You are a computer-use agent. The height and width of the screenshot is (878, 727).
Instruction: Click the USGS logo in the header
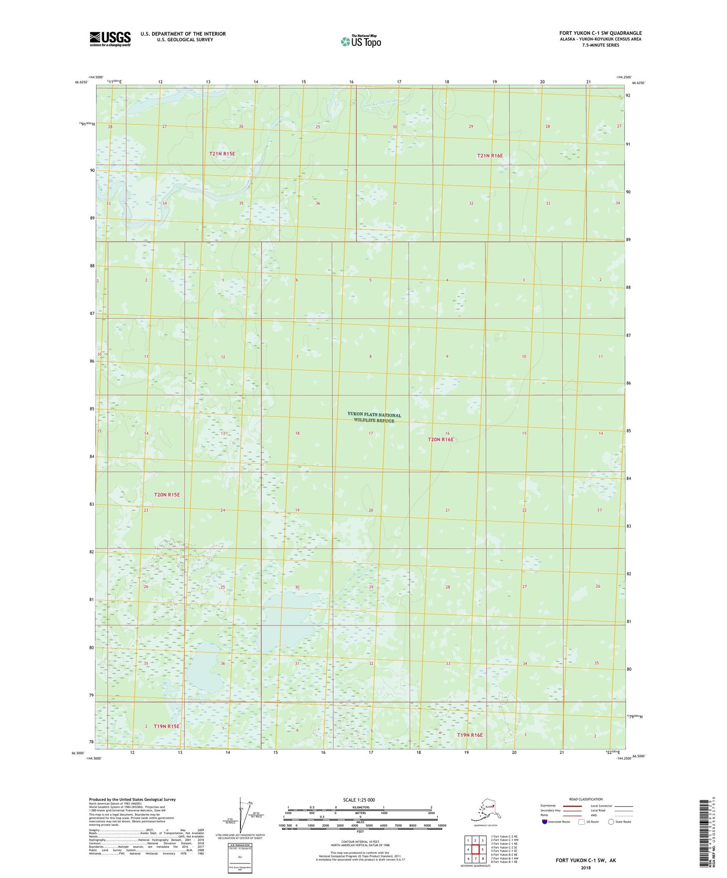click(110, 39)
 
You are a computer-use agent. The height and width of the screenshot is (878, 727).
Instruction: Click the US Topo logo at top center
click(360, 41)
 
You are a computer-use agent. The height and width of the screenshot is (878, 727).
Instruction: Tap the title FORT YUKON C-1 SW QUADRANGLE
click(600, 33)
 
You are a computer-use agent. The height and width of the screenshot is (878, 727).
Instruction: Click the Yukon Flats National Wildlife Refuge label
click(374, 417)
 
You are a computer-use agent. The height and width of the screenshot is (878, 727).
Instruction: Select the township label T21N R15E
click(222, 154)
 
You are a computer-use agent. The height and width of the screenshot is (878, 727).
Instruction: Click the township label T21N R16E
click(490, 156)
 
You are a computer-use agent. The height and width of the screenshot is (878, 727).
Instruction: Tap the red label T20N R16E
click(440, 440)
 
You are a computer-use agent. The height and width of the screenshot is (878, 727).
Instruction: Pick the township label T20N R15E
click(167, 495)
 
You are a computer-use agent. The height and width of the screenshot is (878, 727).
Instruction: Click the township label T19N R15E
click(167, 726)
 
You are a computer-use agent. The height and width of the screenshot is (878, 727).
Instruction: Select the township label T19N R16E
click(469, 735)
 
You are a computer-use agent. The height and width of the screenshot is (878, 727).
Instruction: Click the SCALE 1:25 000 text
click(359, 800)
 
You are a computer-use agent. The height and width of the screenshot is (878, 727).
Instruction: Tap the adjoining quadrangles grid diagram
click(475, 850)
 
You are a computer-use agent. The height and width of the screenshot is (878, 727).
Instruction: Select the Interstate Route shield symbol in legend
click(544, 822)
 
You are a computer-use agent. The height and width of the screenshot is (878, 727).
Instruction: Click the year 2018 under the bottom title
click(585, 867)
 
